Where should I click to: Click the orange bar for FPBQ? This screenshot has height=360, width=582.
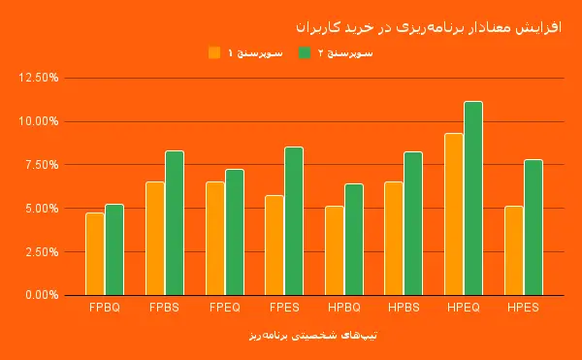(94, 253)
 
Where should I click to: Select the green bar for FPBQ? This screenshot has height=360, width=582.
(114, 249)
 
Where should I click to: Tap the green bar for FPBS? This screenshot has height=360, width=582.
(175, 222)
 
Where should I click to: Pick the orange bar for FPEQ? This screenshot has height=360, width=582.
(214, 238)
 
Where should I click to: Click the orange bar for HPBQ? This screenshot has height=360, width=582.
(335, 250)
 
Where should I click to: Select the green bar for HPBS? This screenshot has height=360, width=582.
(414, 223)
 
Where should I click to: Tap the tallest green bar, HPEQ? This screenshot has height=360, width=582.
(473, 198)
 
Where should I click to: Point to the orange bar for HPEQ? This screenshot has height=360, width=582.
(454, 213)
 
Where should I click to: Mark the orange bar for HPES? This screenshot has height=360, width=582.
(514, 250)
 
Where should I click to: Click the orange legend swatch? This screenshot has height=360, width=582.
(214, 52)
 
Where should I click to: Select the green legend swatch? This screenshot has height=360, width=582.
(305, 52)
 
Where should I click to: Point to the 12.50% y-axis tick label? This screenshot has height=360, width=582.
(39, 78)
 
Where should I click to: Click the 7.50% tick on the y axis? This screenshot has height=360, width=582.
(42, 165)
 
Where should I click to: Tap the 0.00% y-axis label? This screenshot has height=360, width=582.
(42, 295)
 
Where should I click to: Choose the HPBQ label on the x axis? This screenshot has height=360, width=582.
(344, 308)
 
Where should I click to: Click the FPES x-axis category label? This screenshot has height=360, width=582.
(284, 308)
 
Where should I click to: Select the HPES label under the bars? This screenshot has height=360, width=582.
(523, 308)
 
